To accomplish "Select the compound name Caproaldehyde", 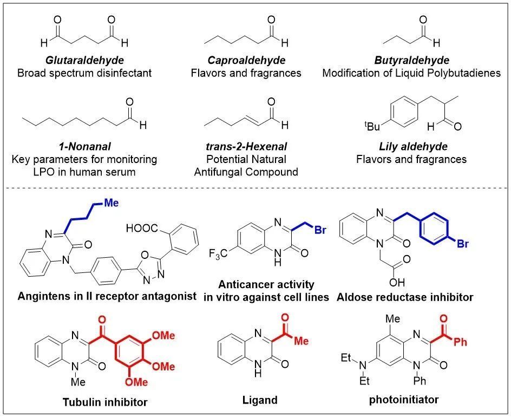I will pos(246,60).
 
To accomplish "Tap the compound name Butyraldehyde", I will pos(411,60).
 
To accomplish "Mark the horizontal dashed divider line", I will pos(255,188).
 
